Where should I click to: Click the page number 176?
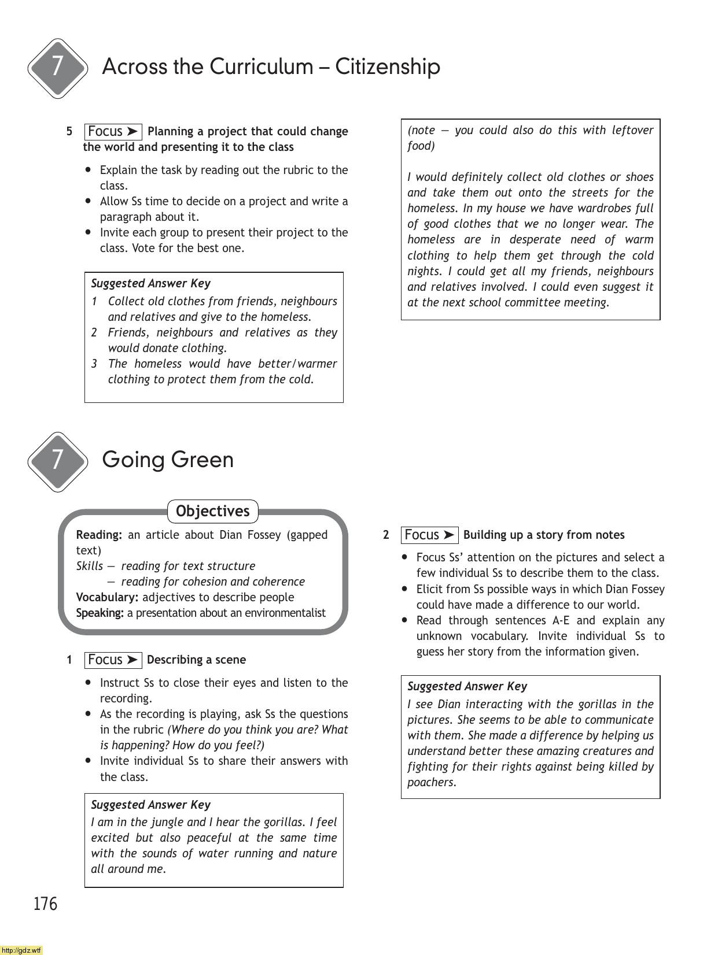(x=46, y=904)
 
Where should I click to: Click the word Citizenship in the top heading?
(x=388, y=66)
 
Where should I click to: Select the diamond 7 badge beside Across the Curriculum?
(x=57, y=67)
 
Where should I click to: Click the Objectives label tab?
(x=212, y=511)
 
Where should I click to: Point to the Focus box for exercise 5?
(x=113, y=132)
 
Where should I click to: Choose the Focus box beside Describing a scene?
(x=113, y=660)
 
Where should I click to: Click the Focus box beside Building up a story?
(x=429, y=535)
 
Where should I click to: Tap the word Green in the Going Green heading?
(x=202, y=460)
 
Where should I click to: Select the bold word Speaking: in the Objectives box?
(x=100, y=613)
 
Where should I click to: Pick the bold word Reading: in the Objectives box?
(x=99, y=535)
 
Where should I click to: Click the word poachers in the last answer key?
(x=431, y=782)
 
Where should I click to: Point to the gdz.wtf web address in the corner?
(x=21, y=950)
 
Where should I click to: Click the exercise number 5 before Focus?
(x=69, y=131)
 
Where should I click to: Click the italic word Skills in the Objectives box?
(x=90, y=566)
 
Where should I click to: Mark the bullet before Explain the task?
(x=88, y=170)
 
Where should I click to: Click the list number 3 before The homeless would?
(x=94, y=364)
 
